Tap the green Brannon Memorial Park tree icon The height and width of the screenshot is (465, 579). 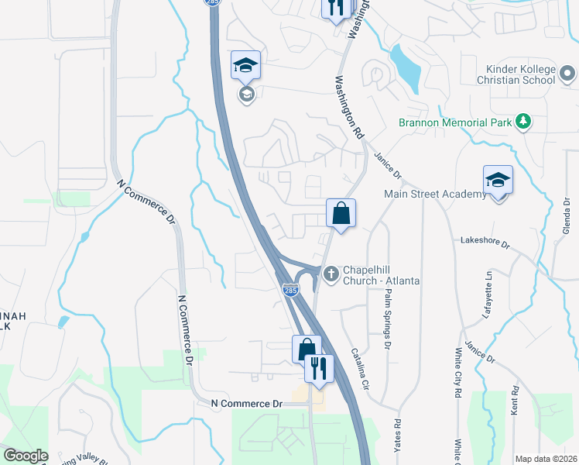(x=524, y=122)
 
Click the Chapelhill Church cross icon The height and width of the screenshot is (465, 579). (x=331, y=272)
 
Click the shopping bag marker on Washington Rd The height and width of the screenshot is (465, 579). (x=341, y=212)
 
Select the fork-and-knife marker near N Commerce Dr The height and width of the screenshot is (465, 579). (x=317, y=368)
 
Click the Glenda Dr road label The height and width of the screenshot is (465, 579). (x=567, y=219)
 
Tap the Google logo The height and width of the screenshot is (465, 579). (x=26, y=456)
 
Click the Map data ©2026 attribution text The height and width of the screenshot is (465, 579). (x=546, y=459)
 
